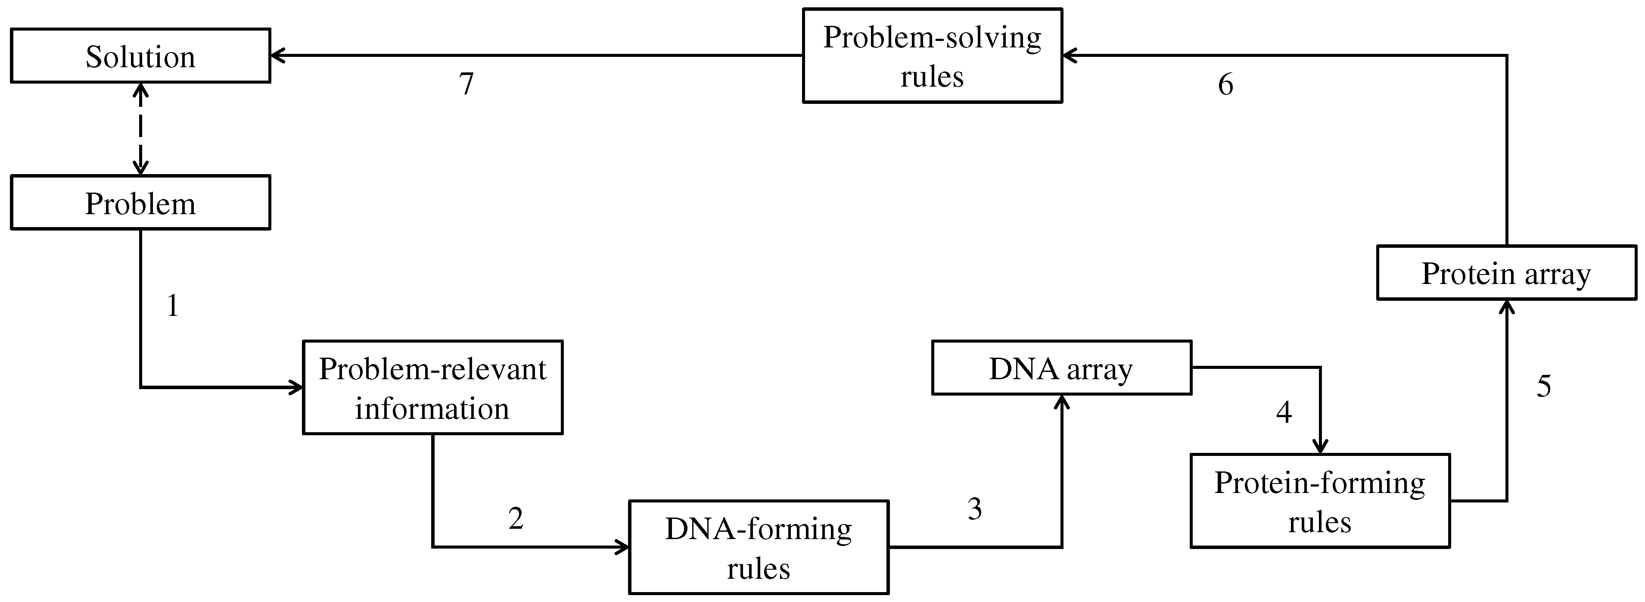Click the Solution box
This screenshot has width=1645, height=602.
140,56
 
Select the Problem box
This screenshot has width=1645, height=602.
140,203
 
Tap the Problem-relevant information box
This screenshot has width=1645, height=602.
432,387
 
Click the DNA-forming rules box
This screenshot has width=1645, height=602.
759,547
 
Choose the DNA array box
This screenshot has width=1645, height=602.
1061,368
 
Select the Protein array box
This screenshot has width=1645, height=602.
1506,272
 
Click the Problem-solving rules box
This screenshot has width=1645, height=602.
932,56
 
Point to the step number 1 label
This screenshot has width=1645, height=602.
172,306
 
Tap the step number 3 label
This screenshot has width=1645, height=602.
974,508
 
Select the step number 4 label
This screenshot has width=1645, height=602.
1284,412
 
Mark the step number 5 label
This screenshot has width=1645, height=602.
1543,385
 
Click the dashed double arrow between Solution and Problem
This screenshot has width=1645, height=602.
140,129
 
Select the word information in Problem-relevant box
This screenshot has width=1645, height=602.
432,409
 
